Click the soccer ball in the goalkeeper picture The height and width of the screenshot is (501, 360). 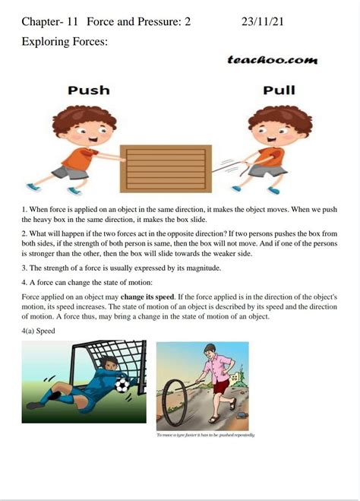point(123,385)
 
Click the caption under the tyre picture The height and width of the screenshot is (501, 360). point(205,435)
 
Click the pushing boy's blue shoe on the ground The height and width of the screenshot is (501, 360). point(32,186)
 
